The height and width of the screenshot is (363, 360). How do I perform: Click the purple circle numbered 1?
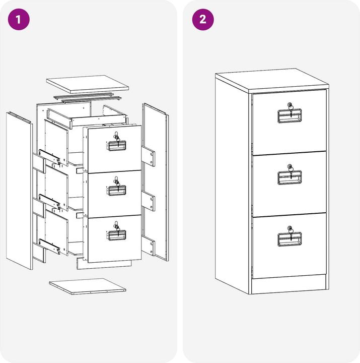(x=19, y=19)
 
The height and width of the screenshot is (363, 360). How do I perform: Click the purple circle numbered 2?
(x=203, y=19)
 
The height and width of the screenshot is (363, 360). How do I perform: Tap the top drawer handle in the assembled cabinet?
(x=290, y=116)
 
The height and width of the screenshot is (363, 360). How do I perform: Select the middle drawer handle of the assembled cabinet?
(x=290, y=177)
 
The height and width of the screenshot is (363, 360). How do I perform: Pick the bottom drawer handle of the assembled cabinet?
(x=290, y=239)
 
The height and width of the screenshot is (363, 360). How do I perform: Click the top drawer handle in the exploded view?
(x=116, y=146)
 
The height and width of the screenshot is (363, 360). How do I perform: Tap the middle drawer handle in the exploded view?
(x=116, y=191)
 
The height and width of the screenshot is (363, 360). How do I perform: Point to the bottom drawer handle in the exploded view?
(x=116, y=235)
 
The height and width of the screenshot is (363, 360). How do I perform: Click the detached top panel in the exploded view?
(x=88, y=84)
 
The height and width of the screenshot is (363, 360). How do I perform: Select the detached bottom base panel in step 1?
(x=88, y=286)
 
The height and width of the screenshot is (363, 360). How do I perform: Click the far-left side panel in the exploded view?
(x=19, y=191)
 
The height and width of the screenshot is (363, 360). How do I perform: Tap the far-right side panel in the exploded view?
(x=156, y=182)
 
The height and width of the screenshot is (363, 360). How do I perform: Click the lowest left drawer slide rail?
(x=49, y=246)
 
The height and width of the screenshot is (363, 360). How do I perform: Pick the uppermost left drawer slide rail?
(x=49, y=157)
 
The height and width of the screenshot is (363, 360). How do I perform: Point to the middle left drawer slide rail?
(x=49, y=201)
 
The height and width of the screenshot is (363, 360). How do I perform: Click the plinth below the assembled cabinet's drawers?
(x=289, y=285)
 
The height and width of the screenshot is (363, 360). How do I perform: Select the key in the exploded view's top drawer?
(x=117, y=139)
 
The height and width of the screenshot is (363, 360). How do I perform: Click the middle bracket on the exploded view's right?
(x=148, y=201)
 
